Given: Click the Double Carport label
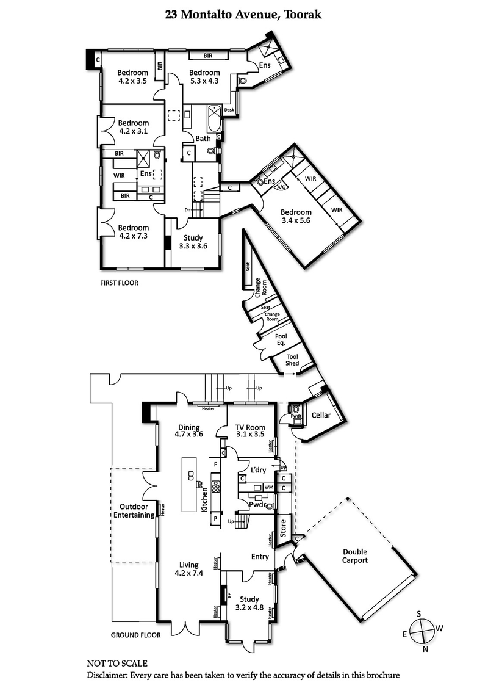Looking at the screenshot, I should [x=354, y=555].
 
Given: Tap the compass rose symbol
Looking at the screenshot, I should [x=422, y=631].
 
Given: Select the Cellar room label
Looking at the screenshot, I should [x=321, y=415].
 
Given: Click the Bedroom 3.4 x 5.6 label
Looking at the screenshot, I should [x=295, y=217].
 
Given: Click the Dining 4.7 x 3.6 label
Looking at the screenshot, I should [x=190, y=431].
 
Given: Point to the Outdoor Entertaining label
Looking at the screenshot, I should [x=134, y=510].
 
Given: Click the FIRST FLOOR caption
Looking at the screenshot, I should [x=120, y=283].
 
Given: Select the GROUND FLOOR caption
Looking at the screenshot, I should [x=135, y=635].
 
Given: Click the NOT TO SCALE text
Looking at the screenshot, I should [x=117, y=663].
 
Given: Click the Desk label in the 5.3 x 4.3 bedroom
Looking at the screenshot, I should [x=229, y=110].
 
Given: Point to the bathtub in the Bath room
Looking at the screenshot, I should [x=215, y=118].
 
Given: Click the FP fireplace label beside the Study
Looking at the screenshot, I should [x=229, y=593].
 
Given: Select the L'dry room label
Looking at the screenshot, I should [x=260, y=470].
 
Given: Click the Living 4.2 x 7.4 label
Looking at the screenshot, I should [x=188, y=569].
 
